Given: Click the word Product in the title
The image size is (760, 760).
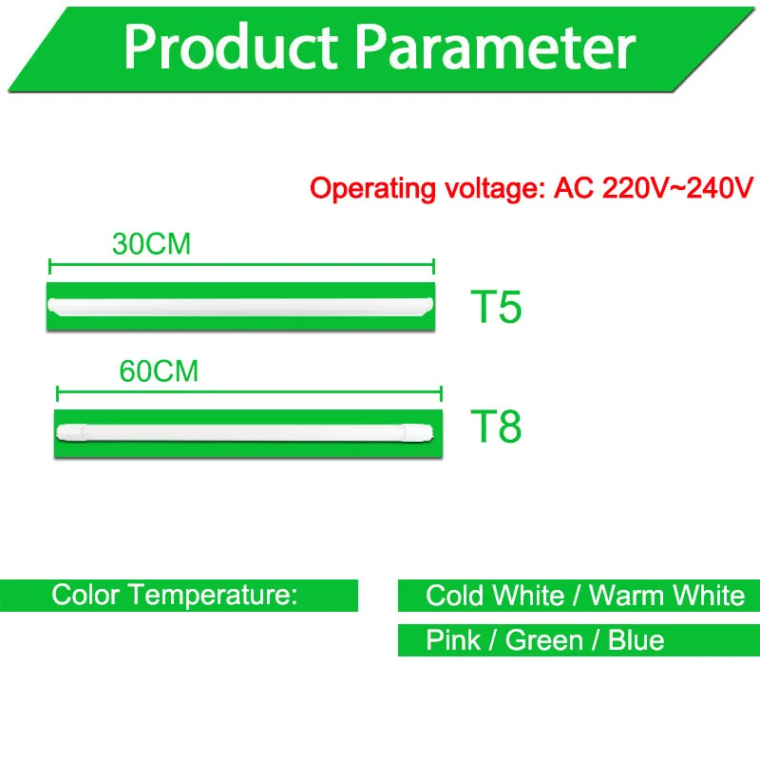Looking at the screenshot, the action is (231, 47).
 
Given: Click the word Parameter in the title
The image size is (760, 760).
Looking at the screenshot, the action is (495, 47).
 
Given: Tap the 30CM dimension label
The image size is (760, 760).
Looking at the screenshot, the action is (151, 244).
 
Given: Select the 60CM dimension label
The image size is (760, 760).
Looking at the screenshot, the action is (159, 371).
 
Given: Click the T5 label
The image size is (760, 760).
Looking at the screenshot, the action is (496, 307).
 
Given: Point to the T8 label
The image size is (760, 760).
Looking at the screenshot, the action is (496, 427).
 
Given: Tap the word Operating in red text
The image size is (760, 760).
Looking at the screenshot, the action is (372, 189).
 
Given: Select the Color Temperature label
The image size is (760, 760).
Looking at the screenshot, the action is (175, 595).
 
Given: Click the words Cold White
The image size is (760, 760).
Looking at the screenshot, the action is (495, 596).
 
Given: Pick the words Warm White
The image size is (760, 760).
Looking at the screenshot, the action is (667, 596).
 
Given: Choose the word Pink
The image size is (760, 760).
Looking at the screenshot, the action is (453, 639).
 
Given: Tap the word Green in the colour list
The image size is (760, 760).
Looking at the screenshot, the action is (543, 640).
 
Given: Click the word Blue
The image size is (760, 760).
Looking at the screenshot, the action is (636, 639).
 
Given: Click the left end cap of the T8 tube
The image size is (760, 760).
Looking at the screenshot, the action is (72, 432).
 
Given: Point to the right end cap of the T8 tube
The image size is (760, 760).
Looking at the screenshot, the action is (417, 432).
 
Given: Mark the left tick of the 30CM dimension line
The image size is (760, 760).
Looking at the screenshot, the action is (49, 266).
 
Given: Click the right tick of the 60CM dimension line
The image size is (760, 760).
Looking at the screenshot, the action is (441, 393).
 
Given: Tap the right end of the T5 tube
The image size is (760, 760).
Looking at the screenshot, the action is (428, 306).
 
